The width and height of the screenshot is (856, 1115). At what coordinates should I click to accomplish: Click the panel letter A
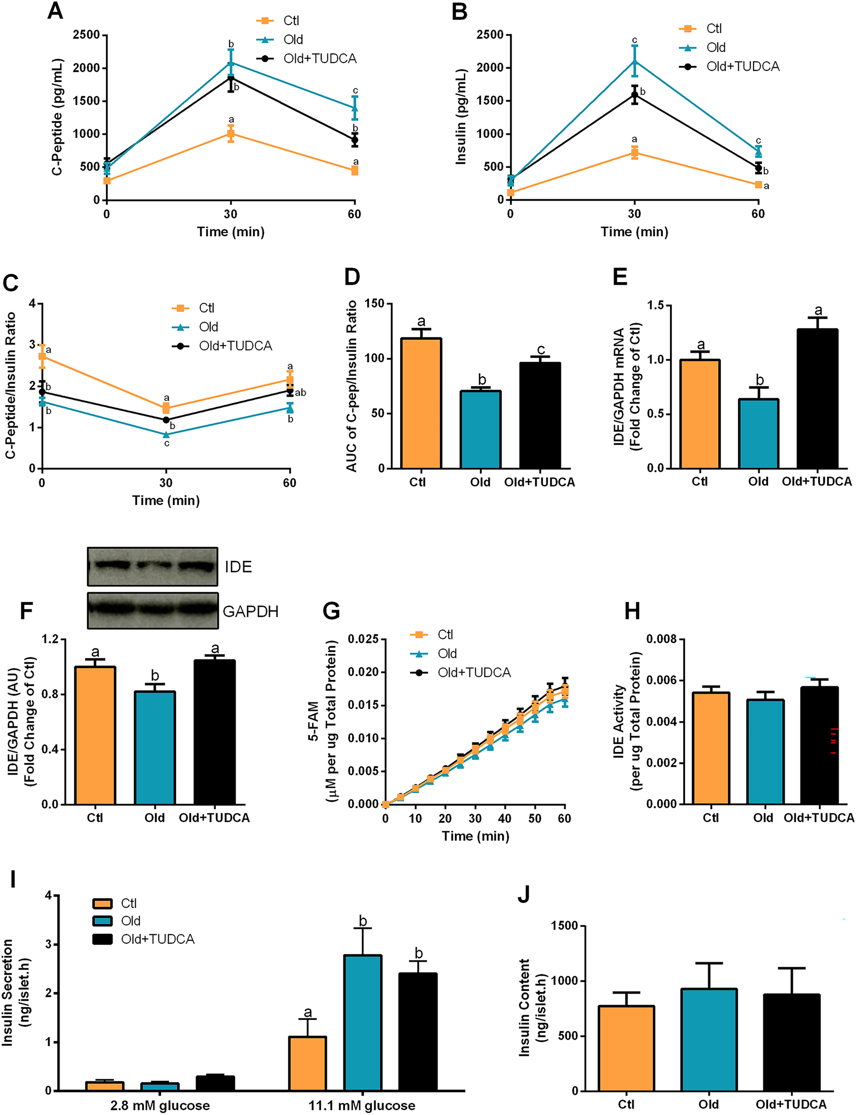(54, 11)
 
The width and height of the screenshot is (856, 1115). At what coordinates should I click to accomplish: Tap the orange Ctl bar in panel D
(421, 403)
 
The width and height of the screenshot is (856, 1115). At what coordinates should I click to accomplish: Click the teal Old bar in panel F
(155, 747)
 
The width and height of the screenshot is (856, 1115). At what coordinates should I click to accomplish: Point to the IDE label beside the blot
(238, 567)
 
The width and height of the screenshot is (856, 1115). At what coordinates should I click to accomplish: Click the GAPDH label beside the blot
(250, 611)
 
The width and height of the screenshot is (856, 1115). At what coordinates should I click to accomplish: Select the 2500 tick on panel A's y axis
(86, 35)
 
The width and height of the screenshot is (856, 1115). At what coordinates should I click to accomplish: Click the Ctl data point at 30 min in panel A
(231, 134)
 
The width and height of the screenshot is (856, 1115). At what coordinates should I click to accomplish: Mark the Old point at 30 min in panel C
(166, 434)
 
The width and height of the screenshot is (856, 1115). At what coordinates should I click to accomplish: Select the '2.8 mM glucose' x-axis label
(160, 1106)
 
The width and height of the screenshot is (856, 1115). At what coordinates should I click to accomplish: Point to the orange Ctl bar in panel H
(710, 748)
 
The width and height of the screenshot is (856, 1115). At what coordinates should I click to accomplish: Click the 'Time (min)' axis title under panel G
(475, 836)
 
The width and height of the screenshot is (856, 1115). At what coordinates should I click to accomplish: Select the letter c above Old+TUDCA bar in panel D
(540, 350)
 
